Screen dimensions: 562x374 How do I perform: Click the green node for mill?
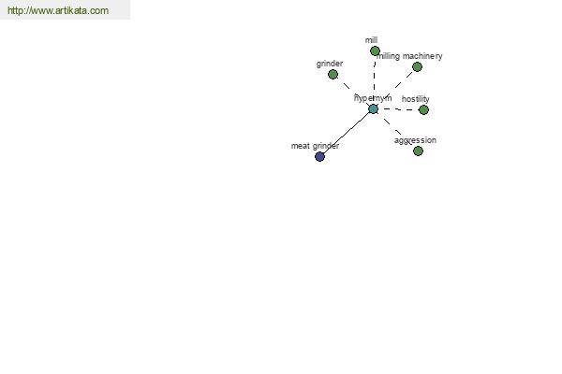375,51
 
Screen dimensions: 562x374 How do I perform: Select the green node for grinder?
333,75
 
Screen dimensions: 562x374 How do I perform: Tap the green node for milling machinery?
417,67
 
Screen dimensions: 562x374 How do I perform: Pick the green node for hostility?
423,110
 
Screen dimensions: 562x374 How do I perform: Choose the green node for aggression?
419,151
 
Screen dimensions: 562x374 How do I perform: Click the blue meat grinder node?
319,156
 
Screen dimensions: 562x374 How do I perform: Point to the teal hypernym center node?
373,108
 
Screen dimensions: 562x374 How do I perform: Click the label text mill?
371,40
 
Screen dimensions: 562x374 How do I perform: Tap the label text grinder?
330,64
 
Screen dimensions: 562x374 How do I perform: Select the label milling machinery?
409,56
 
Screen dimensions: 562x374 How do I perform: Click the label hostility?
415,99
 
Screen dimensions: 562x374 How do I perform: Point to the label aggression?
415,140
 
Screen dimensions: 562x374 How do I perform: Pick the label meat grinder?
315,146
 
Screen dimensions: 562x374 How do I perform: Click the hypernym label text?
373,98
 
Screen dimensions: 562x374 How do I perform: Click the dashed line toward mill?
374,79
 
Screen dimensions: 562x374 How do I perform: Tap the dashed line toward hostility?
398,109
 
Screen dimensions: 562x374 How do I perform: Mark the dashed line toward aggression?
395,130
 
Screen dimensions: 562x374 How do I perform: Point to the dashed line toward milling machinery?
395,88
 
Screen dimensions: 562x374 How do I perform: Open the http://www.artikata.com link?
58,10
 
